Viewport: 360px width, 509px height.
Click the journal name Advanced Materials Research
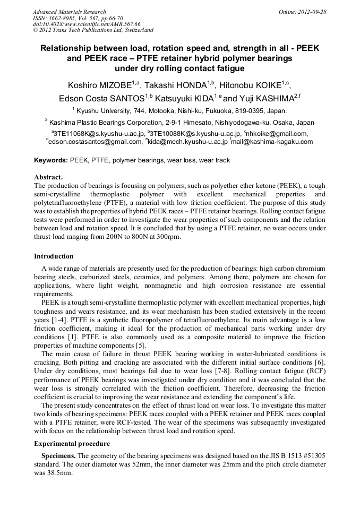coord(69,12)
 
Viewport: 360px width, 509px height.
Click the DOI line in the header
coord(87,24)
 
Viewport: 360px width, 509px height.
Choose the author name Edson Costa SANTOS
coord(101,98)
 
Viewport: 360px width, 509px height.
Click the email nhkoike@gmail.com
coord(277,134)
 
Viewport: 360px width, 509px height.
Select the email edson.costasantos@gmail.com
coord(95,142)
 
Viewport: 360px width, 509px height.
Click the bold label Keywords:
coord(51,160)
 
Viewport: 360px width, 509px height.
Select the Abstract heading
coord(48,177)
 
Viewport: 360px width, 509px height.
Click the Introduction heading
coord(54,256)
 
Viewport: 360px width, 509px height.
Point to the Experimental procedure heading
coord(72,443)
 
